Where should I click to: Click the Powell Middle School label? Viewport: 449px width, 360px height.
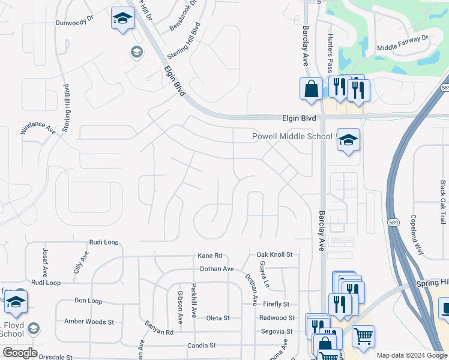pos(292,137)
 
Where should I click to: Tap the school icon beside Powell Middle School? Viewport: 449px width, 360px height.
pos(348,140)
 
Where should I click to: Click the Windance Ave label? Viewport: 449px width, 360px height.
pos(39,128)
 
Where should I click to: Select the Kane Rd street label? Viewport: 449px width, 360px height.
pos(210,256)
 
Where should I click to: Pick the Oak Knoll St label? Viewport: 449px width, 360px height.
pos(274,255)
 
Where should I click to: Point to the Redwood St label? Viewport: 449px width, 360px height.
pos(277,318)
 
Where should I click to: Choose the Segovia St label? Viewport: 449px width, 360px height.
pos(277,331)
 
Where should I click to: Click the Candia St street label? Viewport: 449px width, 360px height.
pos(201,346)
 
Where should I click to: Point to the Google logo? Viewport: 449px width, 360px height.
pos(19,353)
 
